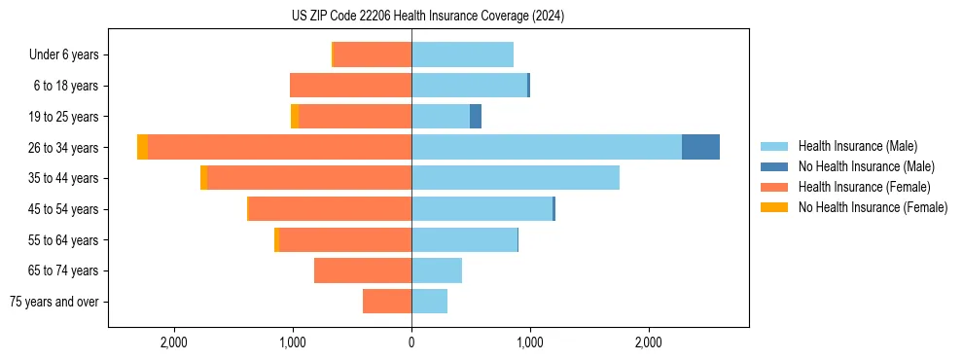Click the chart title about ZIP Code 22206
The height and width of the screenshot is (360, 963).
(x=428, y=16)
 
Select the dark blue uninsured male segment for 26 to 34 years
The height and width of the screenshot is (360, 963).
(x=700, y=147)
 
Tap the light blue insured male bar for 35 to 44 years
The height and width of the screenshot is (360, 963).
(x=516, y=178)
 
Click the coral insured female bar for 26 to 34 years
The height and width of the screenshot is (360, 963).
(x=279, y=147)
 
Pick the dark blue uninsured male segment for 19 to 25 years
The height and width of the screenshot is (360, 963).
(x=476, y=117)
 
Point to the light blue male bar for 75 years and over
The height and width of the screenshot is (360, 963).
(x=429, y=302)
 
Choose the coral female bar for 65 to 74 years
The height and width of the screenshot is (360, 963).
(x=363, y=270)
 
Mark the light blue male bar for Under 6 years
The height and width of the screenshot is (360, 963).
(x=462, y=54)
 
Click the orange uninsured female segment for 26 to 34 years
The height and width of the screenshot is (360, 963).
(x=143, y=147)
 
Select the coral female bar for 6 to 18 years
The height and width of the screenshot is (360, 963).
(x=350, y=86)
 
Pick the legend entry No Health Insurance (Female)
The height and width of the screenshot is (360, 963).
(x=873, y=207)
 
